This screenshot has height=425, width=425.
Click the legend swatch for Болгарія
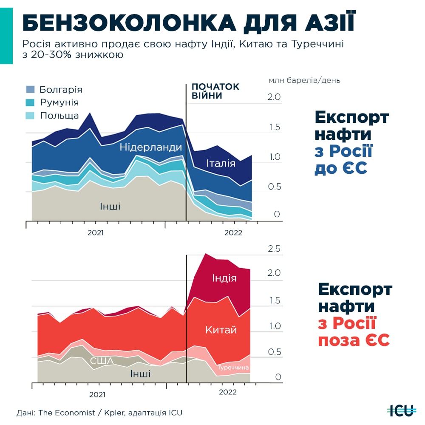(x=30, y=89)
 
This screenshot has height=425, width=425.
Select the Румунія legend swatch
(x=30, y=102)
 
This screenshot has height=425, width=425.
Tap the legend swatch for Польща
(x=30, y=116)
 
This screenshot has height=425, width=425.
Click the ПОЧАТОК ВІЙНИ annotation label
(x=215, y=91)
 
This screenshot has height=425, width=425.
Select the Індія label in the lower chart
(x=224, y=278)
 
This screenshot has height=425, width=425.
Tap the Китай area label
(x=221, y=330)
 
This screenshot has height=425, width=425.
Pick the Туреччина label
(x=233, y=367)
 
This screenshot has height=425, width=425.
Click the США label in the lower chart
(x=102, y=361)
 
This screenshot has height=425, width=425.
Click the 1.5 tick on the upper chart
(x=274, y=127)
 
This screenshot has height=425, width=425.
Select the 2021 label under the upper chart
(x=96, y=233)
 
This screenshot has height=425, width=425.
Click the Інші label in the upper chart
(x=110, y=207)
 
